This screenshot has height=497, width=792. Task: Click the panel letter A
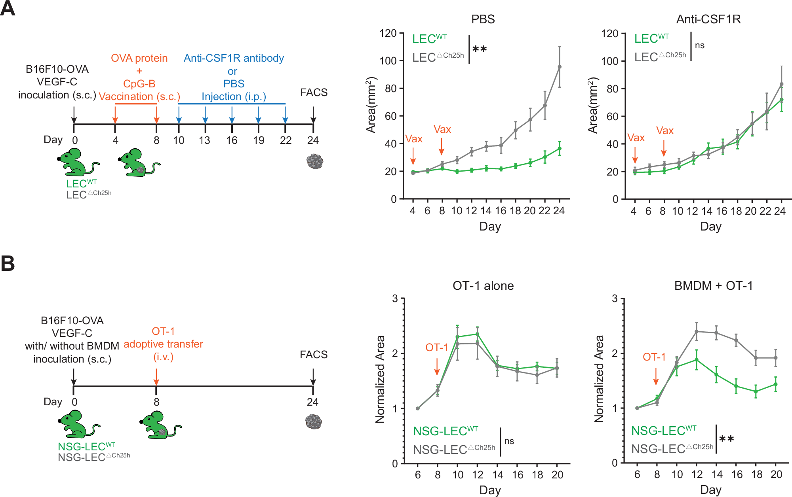[8, 8]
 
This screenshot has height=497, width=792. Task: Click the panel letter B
[8, 263]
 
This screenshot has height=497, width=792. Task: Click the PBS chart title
[483, 19]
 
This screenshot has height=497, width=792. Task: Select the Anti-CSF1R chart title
[708, 19]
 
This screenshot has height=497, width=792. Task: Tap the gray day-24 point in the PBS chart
[560, 67]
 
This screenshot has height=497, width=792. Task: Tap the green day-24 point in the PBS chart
[560, 148]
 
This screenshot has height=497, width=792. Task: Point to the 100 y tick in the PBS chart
[388, 61]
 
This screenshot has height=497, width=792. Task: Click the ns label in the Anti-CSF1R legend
[700, 45]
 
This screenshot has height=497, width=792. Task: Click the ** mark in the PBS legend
[480, 49]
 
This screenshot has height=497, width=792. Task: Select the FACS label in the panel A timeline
[314, 93]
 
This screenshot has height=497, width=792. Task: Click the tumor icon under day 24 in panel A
[315, 161]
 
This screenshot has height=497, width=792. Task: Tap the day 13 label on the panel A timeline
[204, 140]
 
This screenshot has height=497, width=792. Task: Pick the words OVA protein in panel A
[139, 58]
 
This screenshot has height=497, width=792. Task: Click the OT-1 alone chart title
[483, 286]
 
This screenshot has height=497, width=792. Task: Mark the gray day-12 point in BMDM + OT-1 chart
[697, 331]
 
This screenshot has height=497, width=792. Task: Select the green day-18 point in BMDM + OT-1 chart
[756, 391]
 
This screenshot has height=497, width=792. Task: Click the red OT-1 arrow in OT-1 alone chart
[437, 367]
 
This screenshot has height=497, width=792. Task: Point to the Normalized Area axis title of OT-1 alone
[380, 380]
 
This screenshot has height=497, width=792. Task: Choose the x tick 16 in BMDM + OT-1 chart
[737, 474]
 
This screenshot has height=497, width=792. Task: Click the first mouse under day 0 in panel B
[78, 424]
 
